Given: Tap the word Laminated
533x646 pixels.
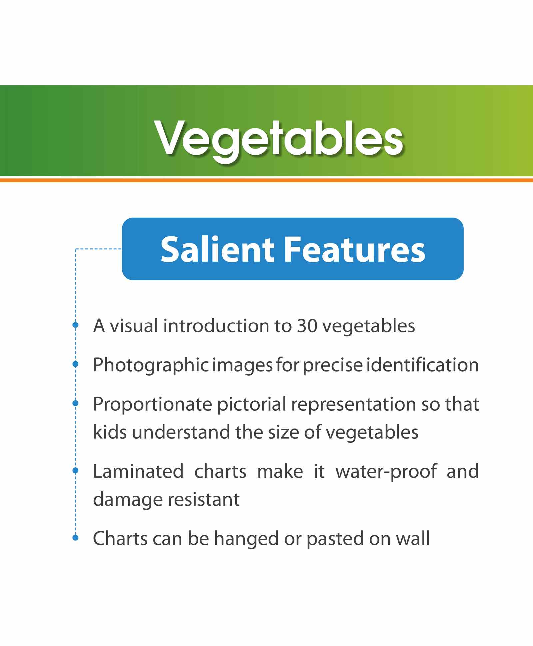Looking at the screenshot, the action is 138,471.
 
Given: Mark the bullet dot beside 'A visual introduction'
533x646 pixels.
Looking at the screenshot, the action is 75,325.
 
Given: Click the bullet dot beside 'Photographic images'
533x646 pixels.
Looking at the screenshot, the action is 75,364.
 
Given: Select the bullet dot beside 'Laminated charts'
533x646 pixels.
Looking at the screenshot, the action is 75,470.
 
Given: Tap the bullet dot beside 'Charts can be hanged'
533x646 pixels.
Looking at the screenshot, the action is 75,537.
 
